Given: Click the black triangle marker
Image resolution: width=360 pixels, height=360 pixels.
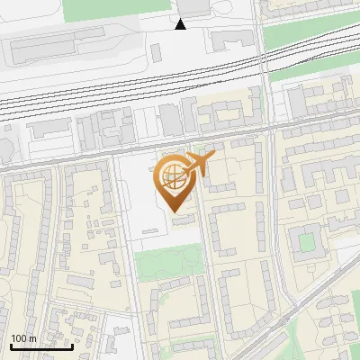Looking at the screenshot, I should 181,24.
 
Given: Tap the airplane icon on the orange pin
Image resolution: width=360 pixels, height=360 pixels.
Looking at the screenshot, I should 201,163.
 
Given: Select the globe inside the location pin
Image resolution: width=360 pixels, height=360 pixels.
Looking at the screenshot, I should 171,176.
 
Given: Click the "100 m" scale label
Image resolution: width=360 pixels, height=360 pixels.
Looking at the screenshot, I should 24,338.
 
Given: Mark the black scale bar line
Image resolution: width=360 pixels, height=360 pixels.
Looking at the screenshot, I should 41,346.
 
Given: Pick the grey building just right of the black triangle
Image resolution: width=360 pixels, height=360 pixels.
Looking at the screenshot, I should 231,39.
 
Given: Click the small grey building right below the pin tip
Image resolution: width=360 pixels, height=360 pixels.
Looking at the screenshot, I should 183,220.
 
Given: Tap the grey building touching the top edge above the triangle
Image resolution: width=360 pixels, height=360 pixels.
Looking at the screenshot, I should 193,7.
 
